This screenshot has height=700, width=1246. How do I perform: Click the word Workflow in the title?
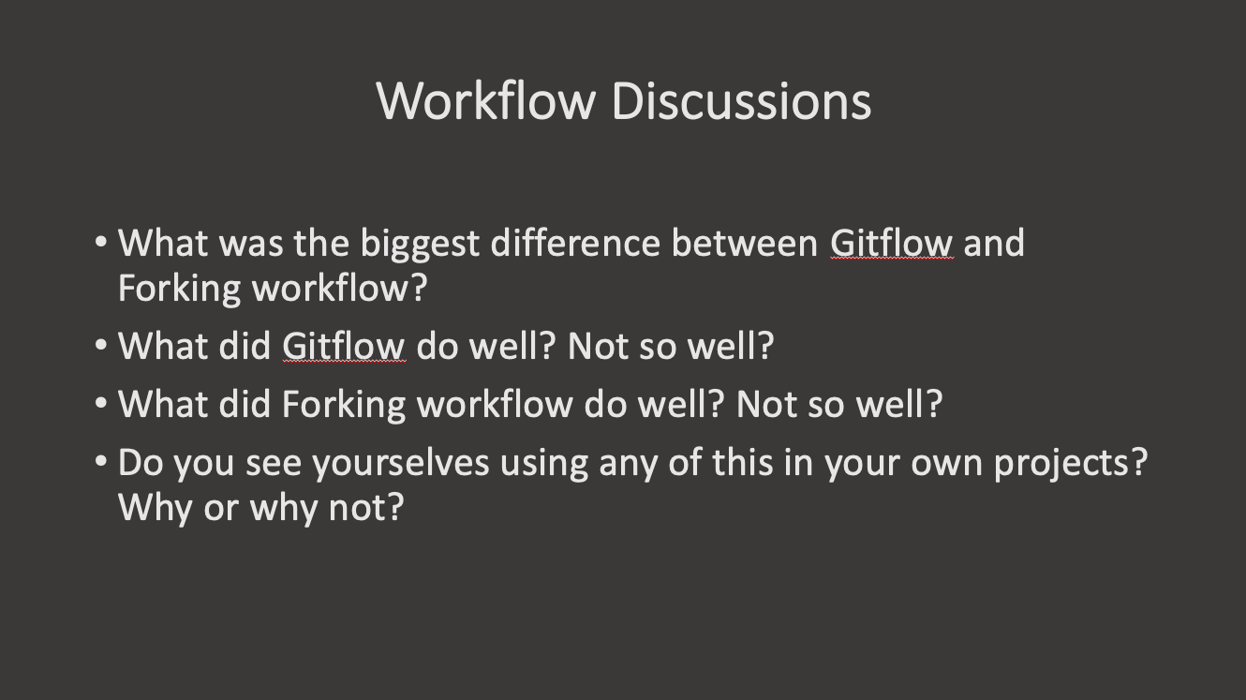485,100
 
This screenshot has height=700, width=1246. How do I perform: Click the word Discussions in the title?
741,100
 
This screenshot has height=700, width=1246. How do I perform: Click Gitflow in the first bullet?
891,244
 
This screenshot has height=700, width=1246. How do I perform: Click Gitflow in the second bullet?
343,347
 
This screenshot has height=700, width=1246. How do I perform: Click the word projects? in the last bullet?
1070,463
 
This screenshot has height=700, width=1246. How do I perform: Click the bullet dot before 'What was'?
101,243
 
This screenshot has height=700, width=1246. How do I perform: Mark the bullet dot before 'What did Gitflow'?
101,346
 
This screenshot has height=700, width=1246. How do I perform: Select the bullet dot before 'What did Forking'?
101,404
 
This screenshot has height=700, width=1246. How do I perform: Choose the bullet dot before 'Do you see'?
101,462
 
